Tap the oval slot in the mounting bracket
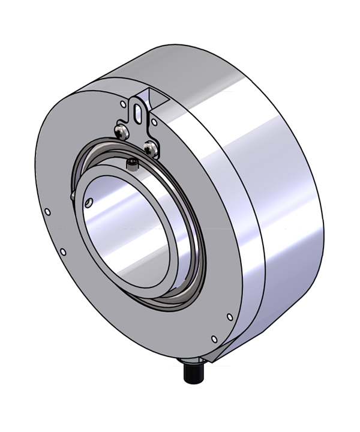139,110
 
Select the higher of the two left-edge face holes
47,211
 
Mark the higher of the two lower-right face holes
230,316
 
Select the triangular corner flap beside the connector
210,359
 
